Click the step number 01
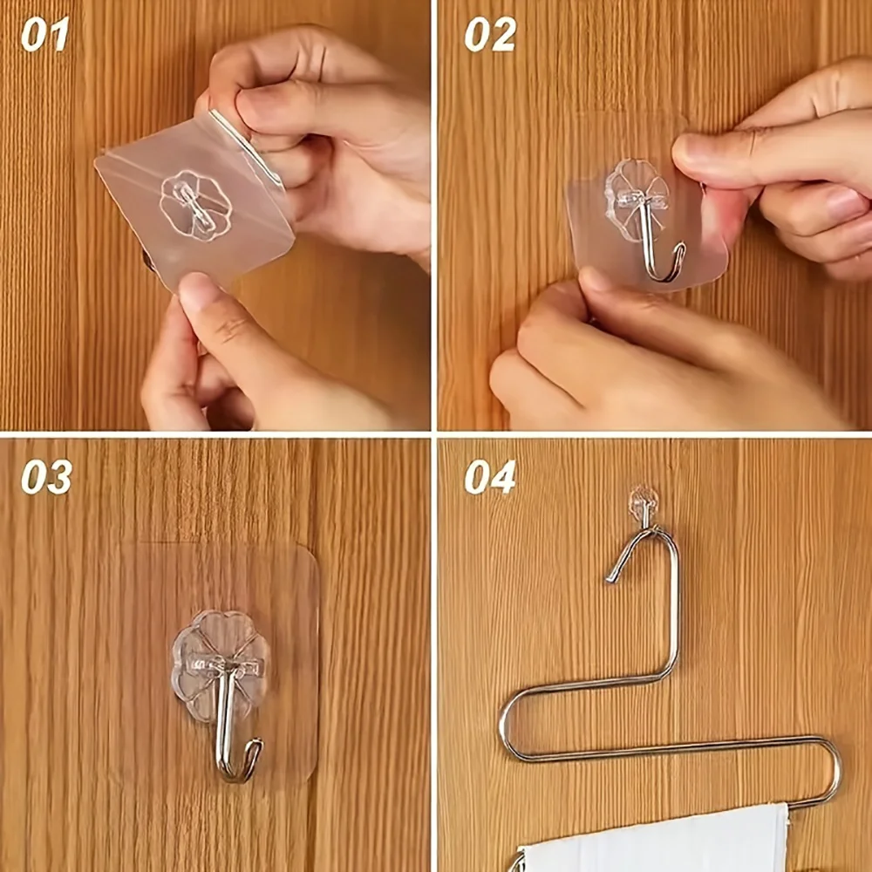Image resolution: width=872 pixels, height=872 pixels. tap(44, 34)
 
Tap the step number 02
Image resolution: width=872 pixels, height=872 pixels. tap(490, 34)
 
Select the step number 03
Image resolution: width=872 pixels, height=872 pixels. tap(47, 477)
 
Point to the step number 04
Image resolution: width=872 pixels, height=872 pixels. tap(490, 477)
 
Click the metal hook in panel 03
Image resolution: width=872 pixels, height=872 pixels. tap(227, 723)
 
